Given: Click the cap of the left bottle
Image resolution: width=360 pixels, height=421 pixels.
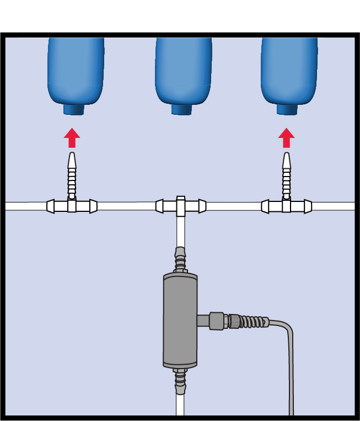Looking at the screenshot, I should tap(73, 109).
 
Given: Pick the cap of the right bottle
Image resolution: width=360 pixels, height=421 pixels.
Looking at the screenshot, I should tap(286, 109).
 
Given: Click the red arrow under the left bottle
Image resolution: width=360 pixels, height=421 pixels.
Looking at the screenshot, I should tap(72, 137).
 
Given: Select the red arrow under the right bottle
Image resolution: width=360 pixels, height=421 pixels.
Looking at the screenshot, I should tap(286, 137).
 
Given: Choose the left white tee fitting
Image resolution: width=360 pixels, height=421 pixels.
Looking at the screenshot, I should tap(72, 206).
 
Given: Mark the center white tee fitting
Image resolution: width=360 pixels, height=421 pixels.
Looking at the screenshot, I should tap(181, 206).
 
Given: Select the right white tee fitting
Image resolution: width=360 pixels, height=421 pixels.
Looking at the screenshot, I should tap(286, 206).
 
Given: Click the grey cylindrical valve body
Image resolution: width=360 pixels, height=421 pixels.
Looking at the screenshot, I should tap(180, 320).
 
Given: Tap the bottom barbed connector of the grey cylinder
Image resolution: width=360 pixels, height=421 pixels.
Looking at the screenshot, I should tap(180, 381).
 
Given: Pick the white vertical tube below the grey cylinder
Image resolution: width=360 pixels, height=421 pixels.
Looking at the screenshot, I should tap(180, 406).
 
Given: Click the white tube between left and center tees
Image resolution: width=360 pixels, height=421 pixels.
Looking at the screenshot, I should tap(126, 206).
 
